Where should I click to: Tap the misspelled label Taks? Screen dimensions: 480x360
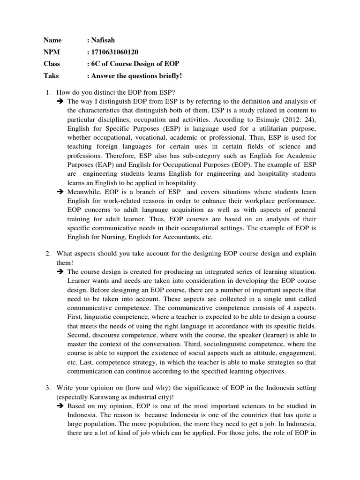pos(51,75)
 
